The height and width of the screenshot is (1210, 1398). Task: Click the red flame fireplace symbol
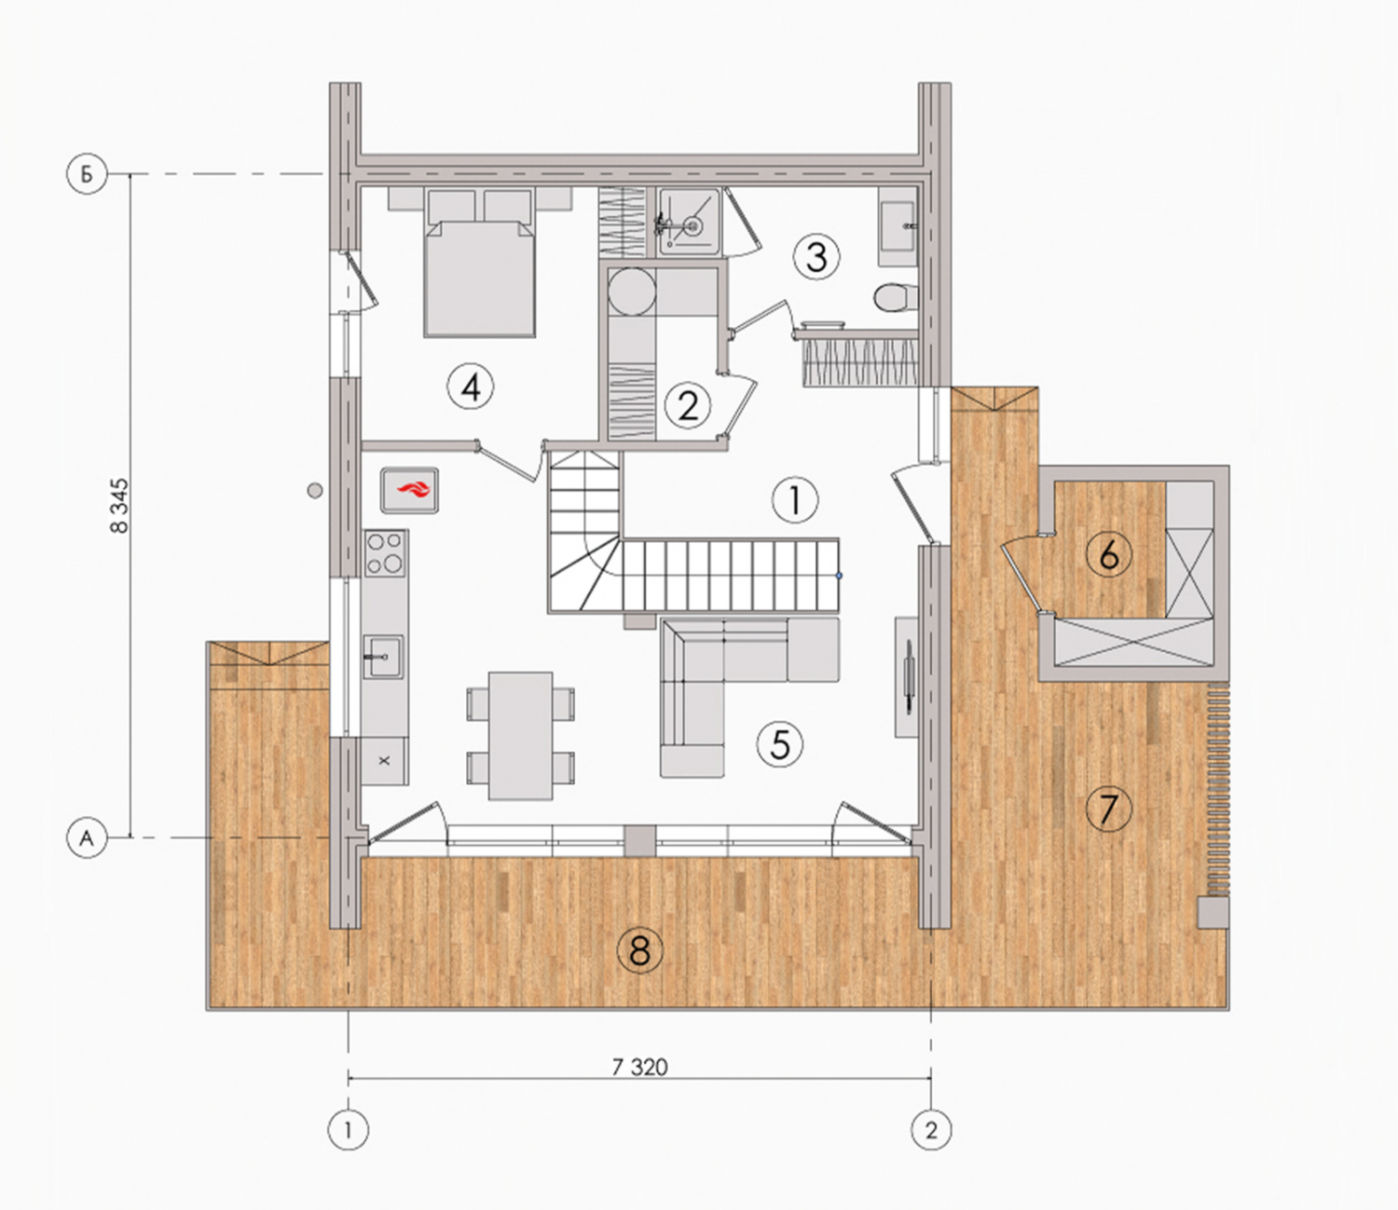click(409, 489)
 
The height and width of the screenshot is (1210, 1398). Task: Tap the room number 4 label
click(471, 387)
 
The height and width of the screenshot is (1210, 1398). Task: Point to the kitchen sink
click(383, 656)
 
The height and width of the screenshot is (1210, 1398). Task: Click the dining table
click(521, 736)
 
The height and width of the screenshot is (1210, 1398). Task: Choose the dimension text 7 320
click(640, 1067)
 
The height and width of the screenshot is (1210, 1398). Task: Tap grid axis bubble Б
click(87, 174)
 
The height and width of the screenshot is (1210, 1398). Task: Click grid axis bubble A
click(87, 838)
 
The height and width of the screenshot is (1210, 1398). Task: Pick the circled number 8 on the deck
click(640, 951)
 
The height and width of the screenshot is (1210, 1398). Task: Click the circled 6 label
click(1108, 554)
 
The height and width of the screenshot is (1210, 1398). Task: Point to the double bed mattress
click(480, 279)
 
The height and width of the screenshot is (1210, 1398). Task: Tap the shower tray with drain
click(689, 222)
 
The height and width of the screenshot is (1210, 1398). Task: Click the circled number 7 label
click(1108, 809)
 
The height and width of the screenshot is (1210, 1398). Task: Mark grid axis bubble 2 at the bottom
click(931, 1129)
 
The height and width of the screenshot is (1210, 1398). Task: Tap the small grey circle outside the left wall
click(314, 490)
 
